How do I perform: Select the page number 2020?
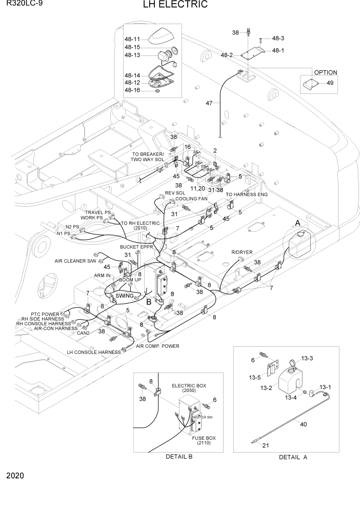point(15,476)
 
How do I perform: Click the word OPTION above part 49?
point(326,72)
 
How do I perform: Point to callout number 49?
point(329,83)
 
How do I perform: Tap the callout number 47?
point(209,103)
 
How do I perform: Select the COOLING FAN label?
point(192,199)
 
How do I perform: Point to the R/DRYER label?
point(239,252)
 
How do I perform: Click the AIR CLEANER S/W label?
point(76,261)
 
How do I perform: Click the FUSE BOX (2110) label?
point(204,441)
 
